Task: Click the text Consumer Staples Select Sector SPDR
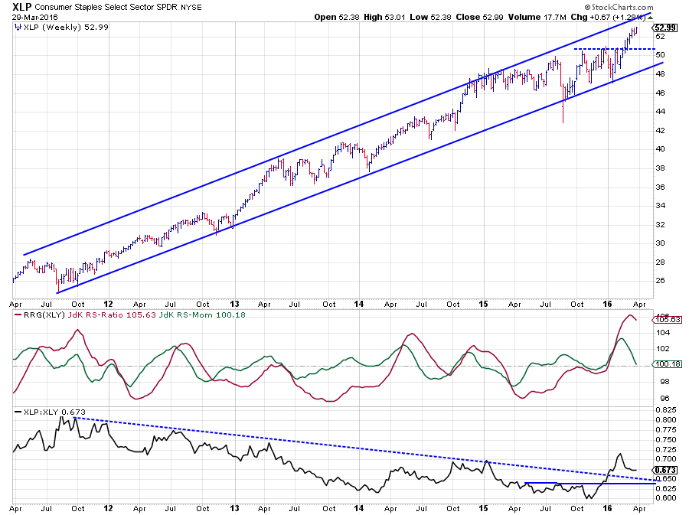coord(104,7)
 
